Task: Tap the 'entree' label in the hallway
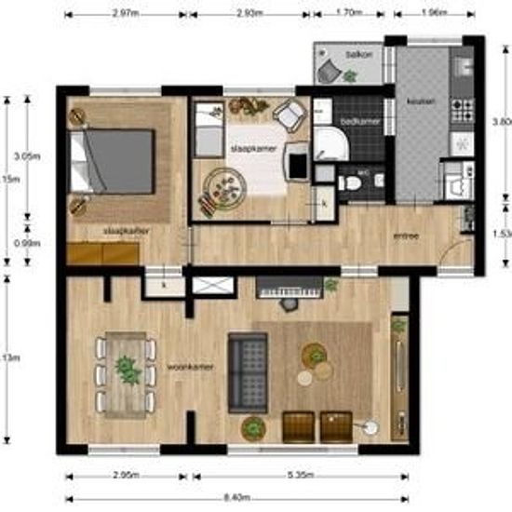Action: click(x=405, y=236)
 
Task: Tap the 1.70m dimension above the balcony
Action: click(x=346, y=14)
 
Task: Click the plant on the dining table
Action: click(x=125, y=370)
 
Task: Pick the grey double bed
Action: click(x=115, y=160)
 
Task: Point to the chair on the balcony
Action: click(x=329, y=72)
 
